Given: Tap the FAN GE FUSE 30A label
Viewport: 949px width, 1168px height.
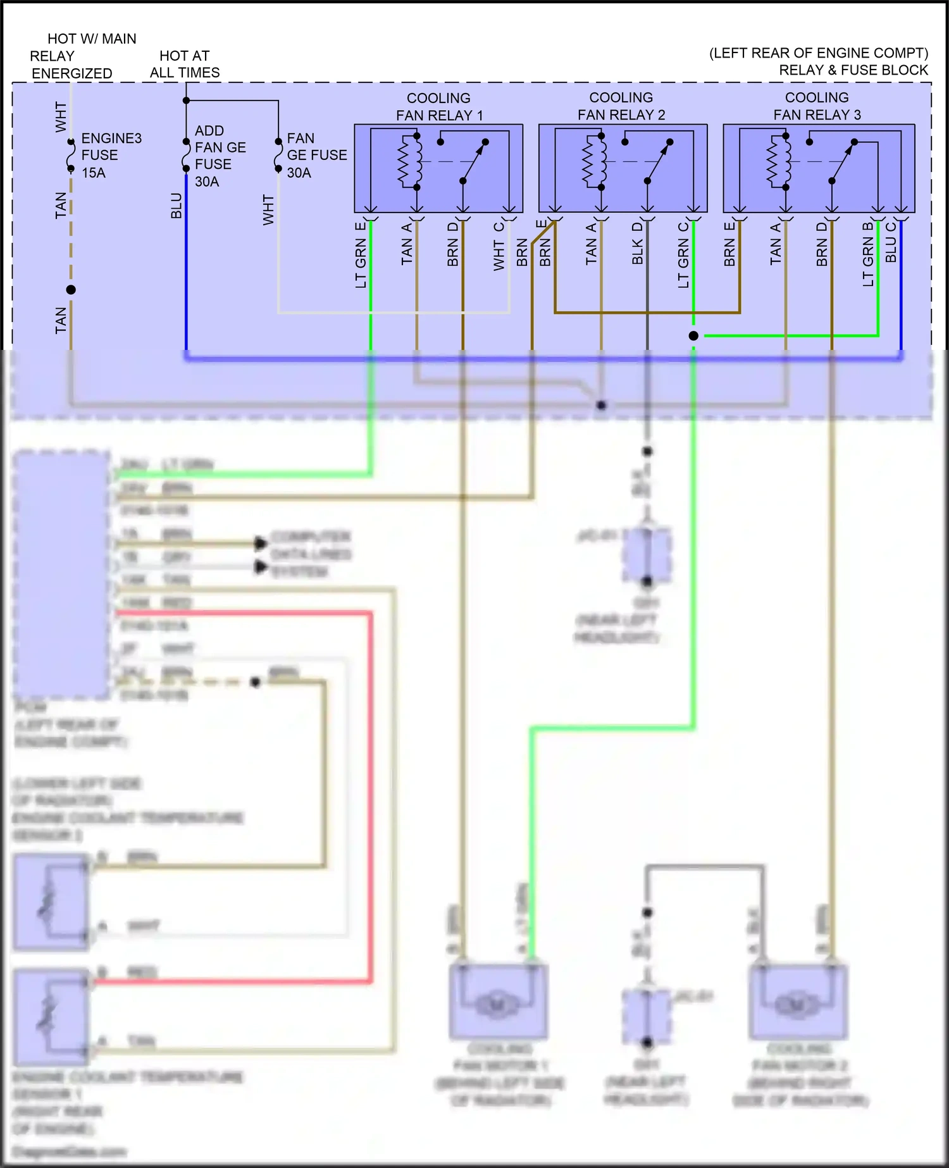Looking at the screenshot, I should tap(316, 155).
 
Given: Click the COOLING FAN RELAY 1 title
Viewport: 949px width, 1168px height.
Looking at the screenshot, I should tap(438, 106).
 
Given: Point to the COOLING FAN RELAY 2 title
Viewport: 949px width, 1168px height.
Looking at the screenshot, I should tap(621, 106).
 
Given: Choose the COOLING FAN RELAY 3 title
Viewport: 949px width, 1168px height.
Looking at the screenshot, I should tap(817, 106).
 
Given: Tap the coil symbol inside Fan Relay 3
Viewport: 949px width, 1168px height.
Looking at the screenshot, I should tap(778, 161).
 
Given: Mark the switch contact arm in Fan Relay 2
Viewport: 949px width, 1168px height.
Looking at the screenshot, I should tap(659, 161).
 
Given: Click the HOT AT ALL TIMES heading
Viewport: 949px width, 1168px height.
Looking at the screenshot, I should tap(184, 64).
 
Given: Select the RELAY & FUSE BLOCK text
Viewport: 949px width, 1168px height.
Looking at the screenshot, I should tap(853, 70).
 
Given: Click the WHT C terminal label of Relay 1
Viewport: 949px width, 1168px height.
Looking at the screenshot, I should tap(499, 247).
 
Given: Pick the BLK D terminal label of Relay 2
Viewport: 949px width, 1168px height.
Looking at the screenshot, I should tap(637, 244).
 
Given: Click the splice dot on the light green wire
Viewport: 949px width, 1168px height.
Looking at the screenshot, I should tap(693, 336).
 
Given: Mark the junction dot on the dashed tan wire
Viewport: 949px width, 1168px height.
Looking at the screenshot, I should tap(71, 290).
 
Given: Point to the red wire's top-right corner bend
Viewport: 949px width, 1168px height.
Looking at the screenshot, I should tap(370, 613).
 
